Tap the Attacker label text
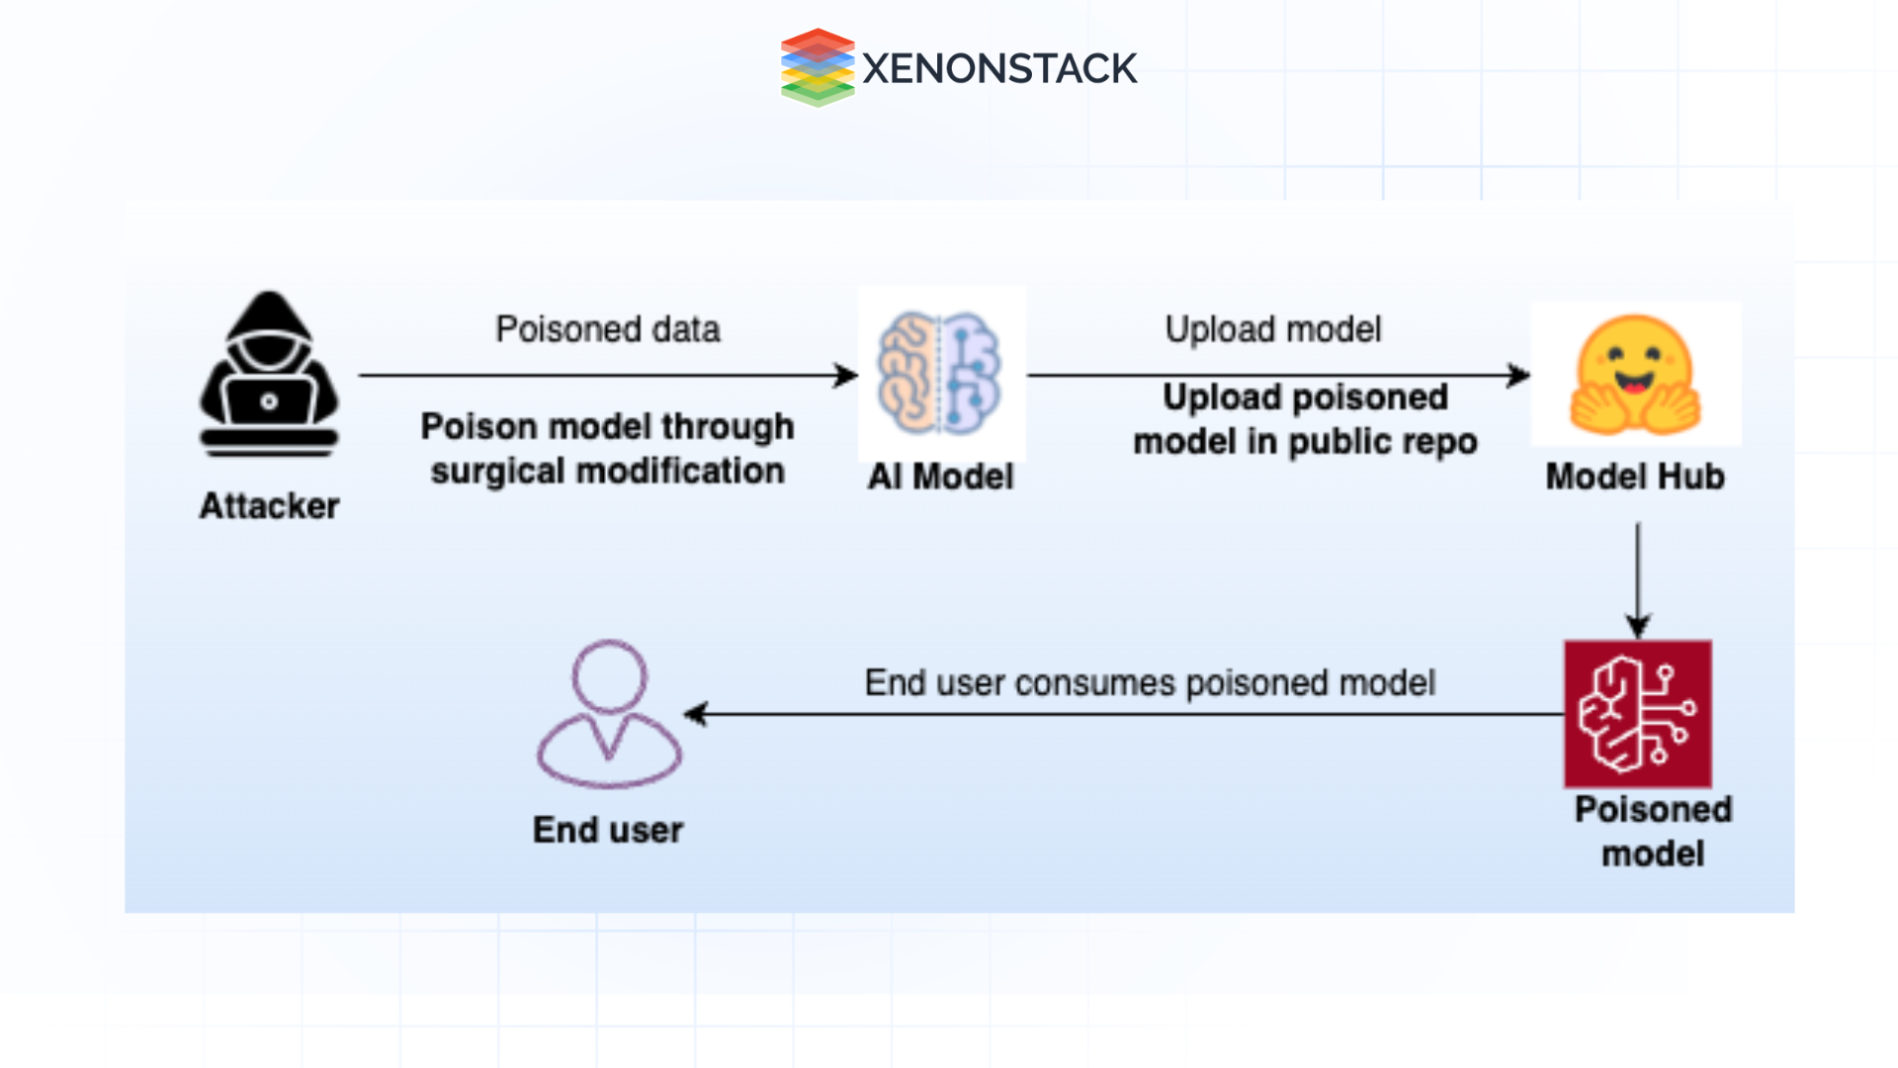pos(269,506)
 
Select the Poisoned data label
pos(607,329)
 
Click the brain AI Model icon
pos(940,373)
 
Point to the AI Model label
pos(940,477)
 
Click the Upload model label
pos(1273,329)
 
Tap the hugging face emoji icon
pos(1635,376)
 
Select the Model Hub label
pos(1635,477)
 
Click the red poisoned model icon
pos(1637,714)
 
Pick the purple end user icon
pos(609,714)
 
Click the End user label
pos(608,830)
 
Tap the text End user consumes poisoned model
pos(1150,682)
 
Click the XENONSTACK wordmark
pos(999,68)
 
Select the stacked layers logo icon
pos(818,67)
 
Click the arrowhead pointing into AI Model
pos(846,376)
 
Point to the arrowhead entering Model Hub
pos(1519,376)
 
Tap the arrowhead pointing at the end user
pos(696,714)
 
